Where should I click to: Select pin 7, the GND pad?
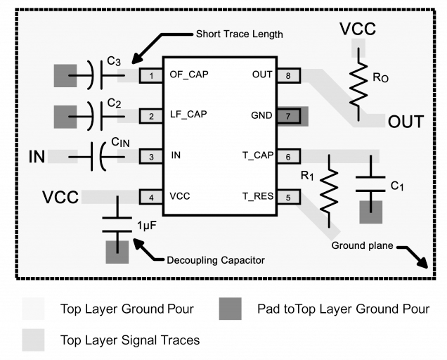[x=288, y=115]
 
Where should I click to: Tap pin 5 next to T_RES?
[x=288, y=197]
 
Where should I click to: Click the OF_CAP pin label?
[x=189, y=74]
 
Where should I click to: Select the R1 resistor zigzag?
[x=328, y=190]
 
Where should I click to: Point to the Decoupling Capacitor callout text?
[x=215, y=260]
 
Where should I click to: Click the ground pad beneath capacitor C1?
[x=370, y=212]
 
